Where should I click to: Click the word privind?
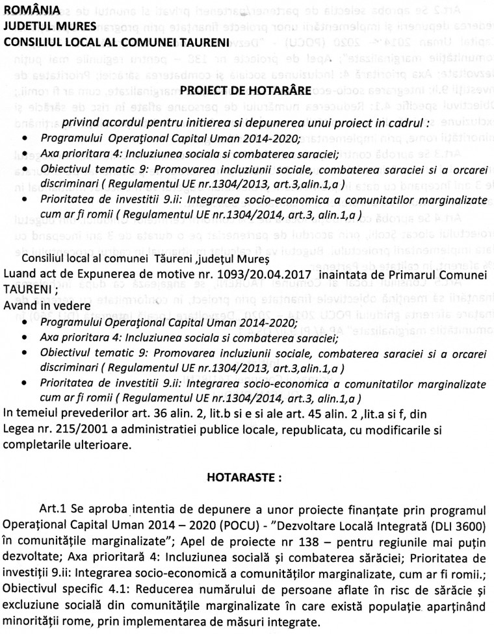tap(81, 123)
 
